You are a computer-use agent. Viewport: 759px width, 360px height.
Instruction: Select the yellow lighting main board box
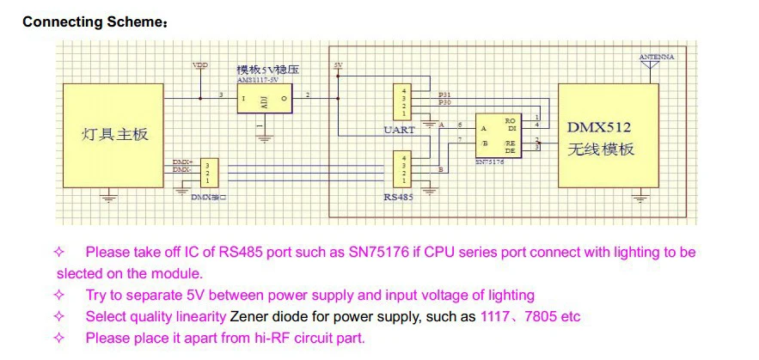(114, 136)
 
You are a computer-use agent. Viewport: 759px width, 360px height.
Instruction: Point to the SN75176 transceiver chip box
(498, 136)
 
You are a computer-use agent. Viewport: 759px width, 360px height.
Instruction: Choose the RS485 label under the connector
(399, 197)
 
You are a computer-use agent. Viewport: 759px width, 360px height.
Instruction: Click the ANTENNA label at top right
(657, 57)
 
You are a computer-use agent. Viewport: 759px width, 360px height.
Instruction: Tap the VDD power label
(199, 64)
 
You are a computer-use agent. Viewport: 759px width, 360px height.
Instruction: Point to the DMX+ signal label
(182, 162)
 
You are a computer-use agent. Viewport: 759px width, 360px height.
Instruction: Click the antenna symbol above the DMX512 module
(651, 71)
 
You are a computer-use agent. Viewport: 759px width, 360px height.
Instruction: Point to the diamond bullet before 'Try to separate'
(59, 296)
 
